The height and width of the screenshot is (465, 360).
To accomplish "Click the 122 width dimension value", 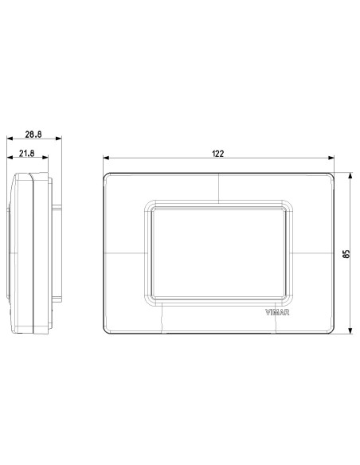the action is point(218,154).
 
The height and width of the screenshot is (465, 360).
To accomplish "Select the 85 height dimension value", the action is point(346,253).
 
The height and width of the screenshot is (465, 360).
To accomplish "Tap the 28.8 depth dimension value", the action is point(33,135).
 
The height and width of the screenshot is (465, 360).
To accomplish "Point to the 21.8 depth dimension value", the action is point(27,154).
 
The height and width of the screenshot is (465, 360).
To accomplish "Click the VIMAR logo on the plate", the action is point(277,312).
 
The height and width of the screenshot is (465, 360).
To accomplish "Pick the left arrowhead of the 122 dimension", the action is point(106,158).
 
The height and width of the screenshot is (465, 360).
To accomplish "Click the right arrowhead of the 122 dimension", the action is point(331,158).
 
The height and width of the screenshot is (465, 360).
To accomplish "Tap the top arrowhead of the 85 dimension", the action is point(350,175).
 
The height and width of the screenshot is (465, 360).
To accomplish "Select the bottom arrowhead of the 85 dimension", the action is point(350,331).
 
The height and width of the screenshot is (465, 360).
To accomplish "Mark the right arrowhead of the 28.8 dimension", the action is point(58,139).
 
